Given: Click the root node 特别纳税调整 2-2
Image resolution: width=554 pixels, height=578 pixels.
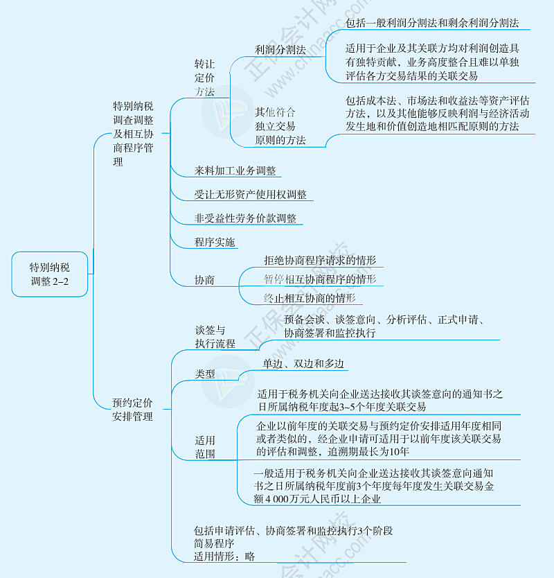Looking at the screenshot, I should point(50,274).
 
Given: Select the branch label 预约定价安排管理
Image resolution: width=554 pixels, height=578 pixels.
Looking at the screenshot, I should point(132,409).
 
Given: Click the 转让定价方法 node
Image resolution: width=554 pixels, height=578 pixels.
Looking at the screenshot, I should point(204,77).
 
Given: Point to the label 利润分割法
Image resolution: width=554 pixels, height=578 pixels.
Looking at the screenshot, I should point(280,50).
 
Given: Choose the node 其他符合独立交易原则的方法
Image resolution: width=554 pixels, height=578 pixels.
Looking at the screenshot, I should point(280,126).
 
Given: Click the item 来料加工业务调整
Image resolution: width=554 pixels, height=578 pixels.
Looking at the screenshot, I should point(238,170).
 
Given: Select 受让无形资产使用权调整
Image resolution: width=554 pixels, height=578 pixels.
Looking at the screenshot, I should point(251,195).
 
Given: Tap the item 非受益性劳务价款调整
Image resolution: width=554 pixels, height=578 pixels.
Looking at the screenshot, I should point(246,218).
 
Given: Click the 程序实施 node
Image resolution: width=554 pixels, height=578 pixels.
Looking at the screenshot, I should point(215,242).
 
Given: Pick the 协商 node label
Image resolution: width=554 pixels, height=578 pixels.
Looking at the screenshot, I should point(204,280).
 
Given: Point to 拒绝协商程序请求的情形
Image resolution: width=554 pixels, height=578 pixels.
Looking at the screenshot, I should point(319,261).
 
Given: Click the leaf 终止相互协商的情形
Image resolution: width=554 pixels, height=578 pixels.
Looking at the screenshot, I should point(310,298).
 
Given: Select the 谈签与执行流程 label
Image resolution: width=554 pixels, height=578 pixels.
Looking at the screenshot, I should point(215,337).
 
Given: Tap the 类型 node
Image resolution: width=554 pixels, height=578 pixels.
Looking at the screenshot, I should point(204,374).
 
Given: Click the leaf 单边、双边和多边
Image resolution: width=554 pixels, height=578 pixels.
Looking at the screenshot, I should point(303,364).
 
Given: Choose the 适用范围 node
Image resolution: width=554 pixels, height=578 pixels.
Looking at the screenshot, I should point(205,447).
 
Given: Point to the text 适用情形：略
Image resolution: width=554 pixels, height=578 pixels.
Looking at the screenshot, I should point(224,556).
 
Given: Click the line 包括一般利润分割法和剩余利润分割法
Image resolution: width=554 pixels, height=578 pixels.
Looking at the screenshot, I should point(431,23).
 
